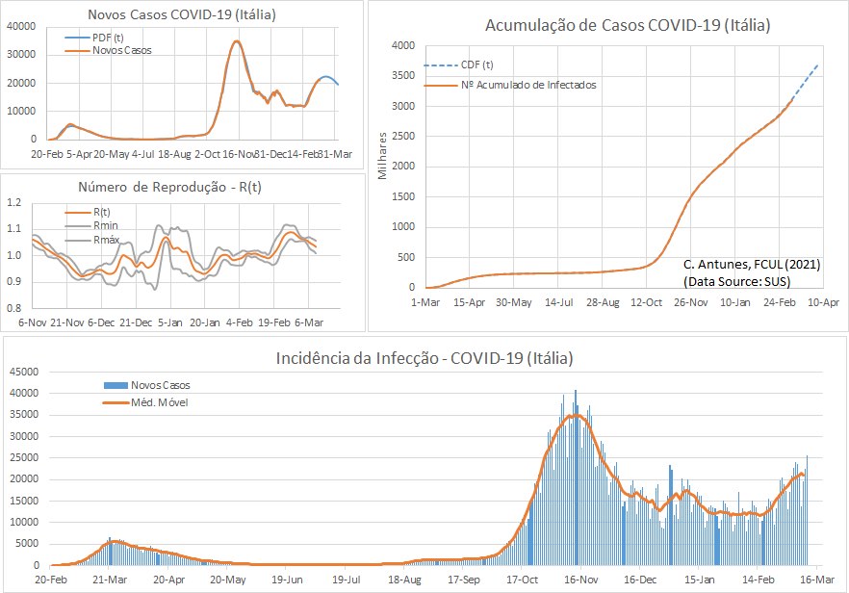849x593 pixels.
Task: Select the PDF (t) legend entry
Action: click(x=108, y=38)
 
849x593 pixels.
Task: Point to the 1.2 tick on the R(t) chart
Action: click(x=15, y=203)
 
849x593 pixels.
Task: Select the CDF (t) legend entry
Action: click(x=478, y=64)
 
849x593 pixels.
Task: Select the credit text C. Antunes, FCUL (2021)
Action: click(x=751, y=264)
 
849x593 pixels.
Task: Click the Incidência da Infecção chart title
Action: click(x=424, y=359)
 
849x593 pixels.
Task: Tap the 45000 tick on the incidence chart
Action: click(x=24, y=372)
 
